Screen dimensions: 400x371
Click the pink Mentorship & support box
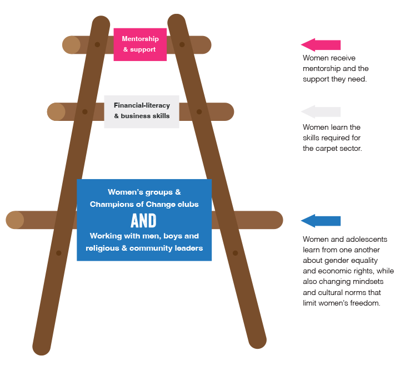tap(140, 44)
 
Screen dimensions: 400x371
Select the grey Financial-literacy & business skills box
tap(142, 111)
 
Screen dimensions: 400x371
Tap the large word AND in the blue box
tap(143, 221)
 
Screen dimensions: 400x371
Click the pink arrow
tap(321, 45)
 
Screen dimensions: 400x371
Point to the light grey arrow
tap(321, 111)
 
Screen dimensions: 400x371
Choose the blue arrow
tap(321, 221)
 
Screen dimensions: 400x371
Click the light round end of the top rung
tap(72, 45)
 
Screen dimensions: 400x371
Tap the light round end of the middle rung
tap(56, 111)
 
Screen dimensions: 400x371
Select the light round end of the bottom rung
tap(15, 220)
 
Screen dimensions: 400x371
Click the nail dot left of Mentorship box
tap(97, 44)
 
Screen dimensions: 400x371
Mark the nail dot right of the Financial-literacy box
tap(199, 111)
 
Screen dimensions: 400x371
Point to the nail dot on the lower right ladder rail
tap(235, 253)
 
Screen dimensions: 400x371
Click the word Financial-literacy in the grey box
tap(142, 105)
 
